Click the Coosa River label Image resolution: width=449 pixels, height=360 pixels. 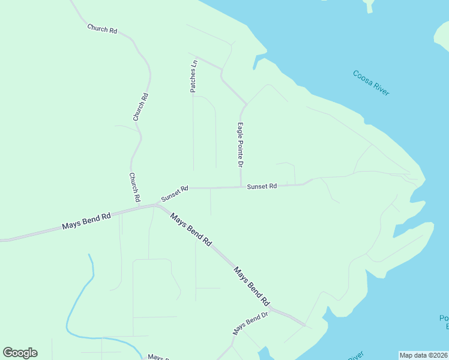pos(371,83)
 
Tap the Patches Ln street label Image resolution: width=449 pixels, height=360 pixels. pos(194,76)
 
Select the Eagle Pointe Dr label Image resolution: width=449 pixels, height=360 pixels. pos(240,145)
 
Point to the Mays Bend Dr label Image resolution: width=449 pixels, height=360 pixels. pos(250,323)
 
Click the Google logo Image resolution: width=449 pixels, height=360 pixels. pos(20,353)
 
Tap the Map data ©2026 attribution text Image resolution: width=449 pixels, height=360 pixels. pos(423,355)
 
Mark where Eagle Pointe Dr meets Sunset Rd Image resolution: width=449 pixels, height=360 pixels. pos(241,187)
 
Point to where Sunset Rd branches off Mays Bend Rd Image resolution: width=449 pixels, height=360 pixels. pos(157,204)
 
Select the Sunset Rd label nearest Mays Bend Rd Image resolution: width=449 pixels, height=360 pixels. pos(175,193)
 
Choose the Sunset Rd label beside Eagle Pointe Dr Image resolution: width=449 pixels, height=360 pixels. pos(262,187)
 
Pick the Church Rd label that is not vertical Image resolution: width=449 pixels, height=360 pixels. pos(102,28)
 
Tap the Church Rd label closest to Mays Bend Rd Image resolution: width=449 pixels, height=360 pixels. pos(134,187)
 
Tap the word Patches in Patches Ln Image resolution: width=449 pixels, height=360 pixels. pos(194,80)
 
